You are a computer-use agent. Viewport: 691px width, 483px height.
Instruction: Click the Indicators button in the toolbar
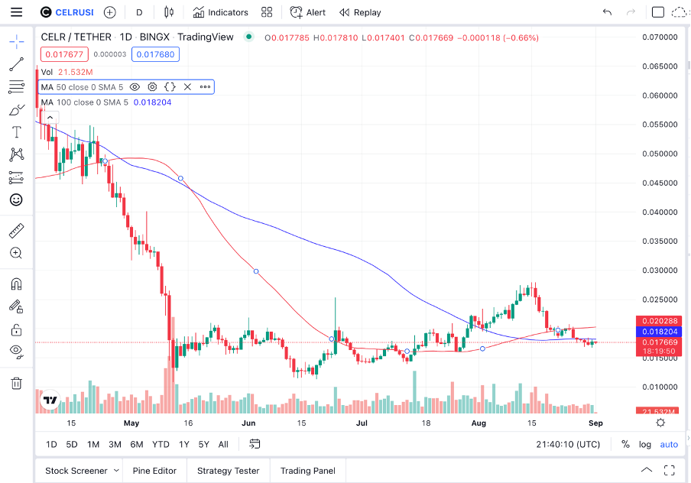[220, 12]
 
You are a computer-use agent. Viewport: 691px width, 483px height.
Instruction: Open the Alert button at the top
[307, 12]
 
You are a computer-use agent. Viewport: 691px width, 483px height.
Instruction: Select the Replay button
[360, 12]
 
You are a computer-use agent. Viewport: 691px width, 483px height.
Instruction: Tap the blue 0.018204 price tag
[659, 332]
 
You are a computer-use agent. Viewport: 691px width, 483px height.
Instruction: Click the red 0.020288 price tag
[659, 321]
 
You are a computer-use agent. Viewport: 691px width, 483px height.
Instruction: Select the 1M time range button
[92, 444]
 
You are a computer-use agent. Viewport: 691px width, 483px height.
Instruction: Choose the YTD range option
[161, 444]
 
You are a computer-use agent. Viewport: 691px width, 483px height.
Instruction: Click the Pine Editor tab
[154, 471]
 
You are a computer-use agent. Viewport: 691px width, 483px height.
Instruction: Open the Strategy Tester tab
[228, 471]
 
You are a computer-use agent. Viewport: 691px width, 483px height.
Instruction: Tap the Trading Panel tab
[307, 471]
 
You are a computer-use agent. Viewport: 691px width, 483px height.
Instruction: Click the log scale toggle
[645, 444]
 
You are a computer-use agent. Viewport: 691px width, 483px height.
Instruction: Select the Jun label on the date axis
[248, 423]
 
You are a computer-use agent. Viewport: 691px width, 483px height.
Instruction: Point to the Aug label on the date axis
[479, 423]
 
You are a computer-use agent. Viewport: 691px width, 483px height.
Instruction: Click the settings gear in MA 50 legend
[152, 87]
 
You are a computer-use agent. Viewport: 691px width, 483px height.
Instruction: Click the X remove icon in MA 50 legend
[187, 87]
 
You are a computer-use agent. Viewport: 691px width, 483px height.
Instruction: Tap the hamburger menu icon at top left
[17, 12]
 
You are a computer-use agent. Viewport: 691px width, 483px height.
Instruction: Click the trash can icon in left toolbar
[16, 383]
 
